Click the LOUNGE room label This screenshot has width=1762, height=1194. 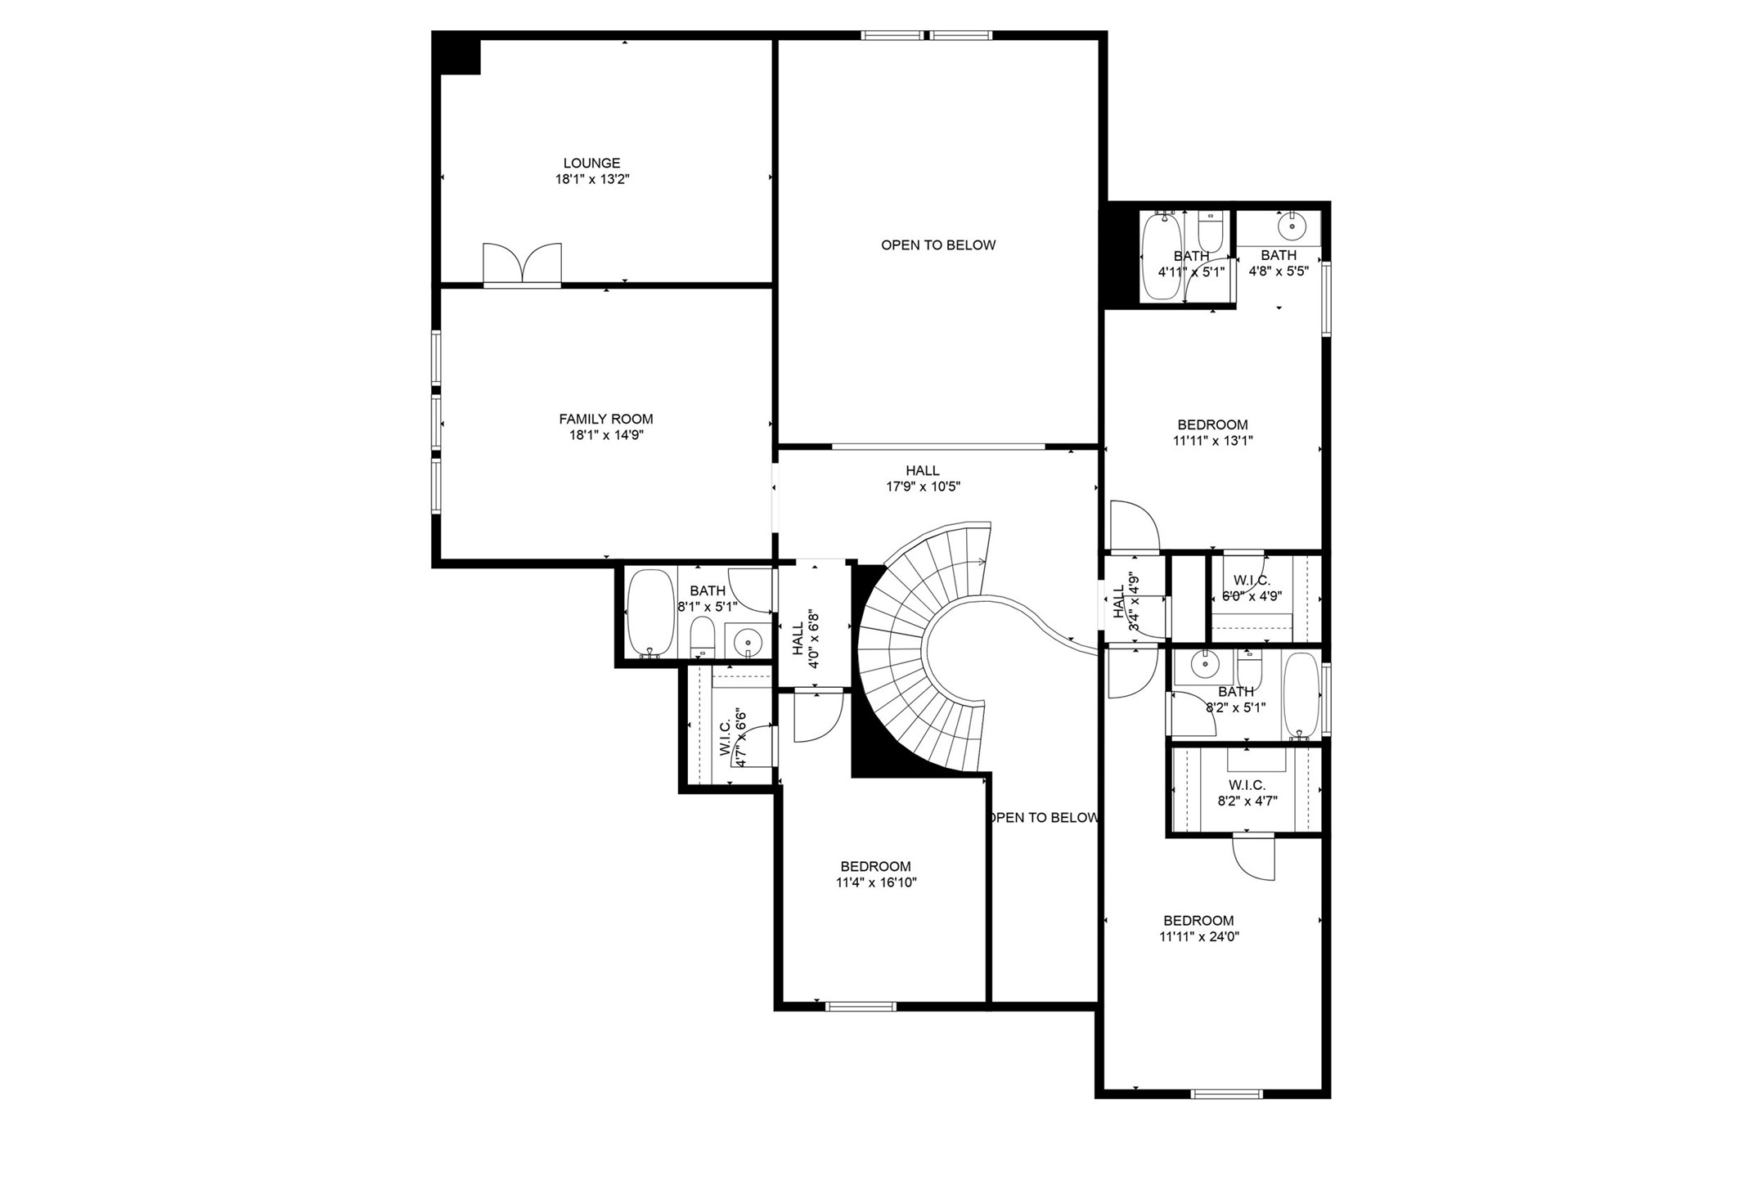point(591,164)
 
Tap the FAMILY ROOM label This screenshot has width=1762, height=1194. point(605,420)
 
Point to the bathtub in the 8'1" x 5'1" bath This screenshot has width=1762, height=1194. point(650,613)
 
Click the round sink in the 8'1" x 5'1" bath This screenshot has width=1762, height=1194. point(748,642)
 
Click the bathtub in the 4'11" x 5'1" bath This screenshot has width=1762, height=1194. point(1158,256)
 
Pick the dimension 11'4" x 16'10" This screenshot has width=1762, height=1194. point(875,883)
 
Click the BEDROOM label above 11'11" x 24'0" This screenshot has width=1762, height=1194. point(1198,921)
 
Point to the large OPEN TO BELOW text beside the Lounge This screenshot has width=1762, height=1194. point(937,245)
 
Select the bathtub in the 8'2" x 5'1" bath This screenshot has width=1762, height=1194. point(1301,695)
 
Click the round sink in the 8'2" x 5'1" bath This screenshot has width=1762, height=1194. point(1206,664)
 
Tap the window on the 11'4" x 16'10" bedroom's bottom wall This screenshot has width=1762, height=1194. point(861,1007)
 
